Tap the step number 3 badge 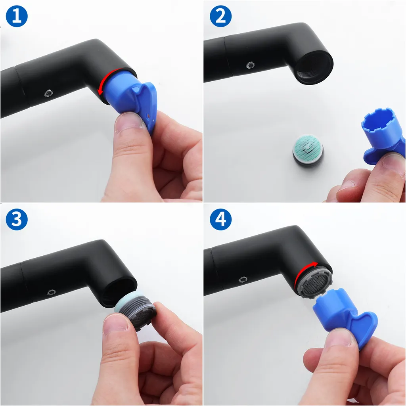tap(17, 219)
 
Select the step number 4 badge tap(220, 219)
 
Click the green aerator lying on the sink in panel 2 tap(308, 150)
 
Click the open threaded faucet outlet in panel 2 tap(314, 67)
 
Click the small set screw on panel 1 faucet tap(48, 93)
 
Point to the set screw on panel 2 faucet tap(250, 65)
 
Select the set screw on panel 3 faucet tap(52, 292)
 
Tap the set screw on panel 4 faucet tap(243, 280)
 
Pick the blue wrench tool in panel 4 tap(346, 318)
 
